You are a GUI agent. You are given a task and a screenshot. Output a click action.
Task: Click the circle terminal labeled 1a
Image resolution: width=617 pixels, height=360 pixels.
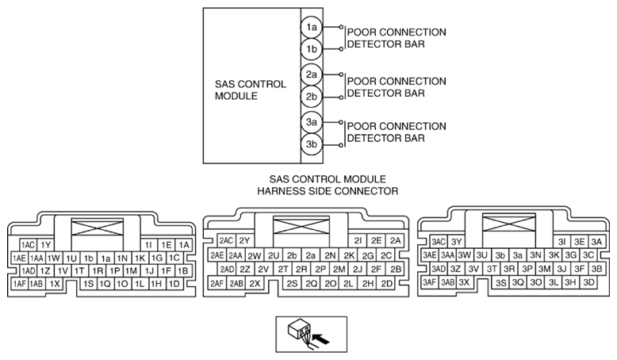point(312,27)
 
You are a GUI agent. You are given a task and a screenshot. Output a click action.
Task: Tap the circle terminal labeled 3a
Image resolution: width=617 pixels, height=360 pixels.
point(312,122)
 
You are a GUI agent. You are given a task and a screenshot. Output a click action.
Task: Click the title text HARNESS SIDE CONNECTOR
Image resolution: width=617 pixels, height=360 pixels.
point(327,191)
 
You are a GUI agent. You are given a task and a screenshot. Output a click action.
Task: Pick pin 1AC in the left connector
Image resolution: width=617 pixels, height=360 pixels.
point(29,245)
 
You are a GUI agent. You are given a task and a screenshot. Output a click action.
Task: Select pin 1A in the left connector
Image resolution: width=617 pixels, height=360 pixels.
point(184,245)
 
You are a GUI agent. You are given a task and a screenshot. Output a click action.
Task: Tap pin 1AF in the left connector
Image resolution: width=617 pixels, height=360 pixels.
point(20,283)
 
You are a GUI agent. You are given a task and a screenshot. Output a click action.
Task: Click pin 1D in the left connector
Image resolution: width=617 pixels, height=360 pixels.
point(174,283)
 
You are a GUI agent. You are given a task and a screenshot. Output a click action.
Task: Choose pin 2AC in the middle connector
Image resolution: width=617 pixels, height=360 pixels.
point(225,240)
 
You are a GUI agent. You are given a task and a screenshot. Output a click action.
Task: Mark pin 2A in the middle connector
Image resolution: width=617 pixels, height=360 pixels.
point(395,240)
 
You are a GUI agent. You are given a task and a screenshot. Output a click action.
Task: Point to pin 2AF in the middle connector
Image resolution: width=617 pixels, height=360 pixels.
point(217,283)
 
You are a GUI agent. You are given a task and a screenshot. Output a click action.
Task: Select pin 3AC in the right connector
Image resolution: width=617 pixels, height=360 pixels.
point(438,242)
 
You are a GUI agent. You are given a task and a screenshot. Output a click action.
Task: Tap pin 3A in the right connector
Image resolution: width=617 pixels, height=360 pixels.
point(597,242)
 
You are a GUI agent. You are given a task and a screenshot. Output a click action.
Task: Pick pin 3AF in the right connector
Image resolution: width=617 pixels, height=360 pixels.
point(430,281)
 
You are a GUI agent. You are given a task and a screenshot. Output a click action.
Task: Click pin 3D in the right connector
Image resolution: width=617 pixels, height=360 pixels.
point(588,281)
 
